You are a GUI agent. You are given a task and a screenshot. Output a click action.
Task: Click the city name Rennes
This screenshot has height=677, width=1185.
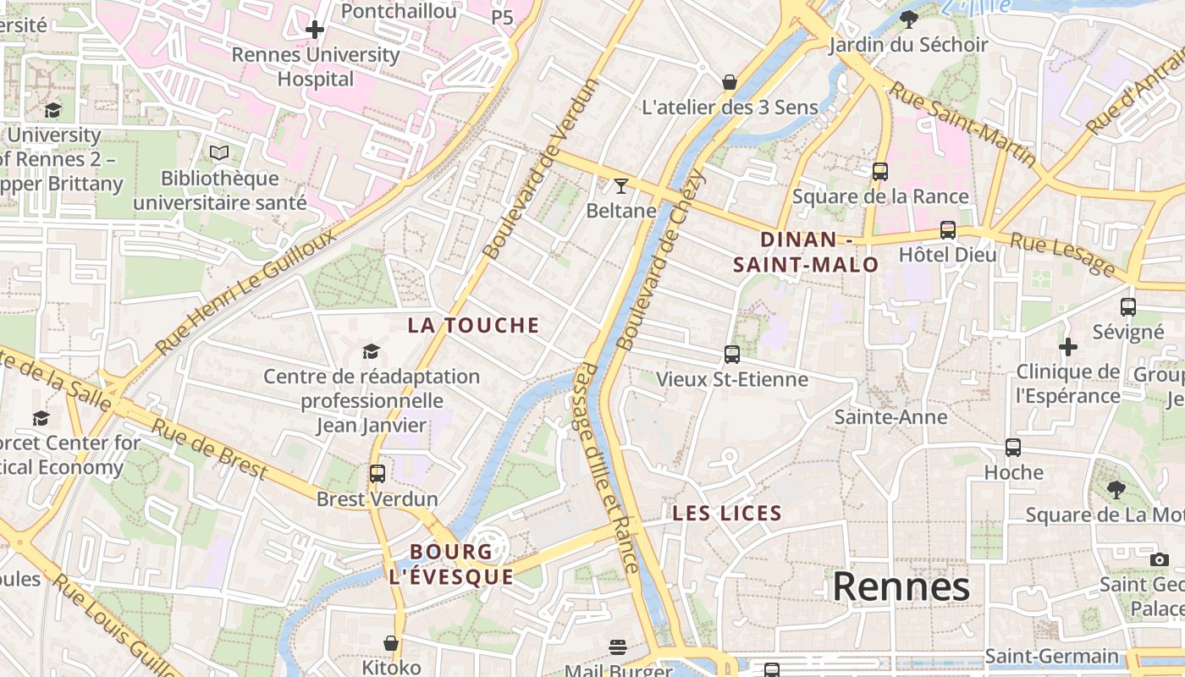901,586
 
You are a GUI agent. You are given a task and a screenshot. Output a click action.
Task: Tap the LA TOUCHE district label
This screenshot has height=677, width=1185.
473,325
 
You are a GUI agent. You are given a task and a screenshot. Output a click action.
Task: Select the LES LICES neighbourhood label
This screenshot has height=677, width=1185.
727,513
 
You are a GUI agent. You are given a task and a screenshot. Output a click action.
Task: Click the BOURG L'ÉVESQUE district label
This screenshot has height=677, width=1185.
451,564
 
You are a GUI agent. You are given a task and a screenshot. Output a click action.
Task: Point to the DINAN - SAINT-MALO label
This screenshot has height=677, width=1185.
806,252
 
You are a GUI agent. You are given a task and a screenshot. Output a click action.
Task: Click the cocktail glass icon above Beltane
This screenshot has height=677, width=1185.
621,185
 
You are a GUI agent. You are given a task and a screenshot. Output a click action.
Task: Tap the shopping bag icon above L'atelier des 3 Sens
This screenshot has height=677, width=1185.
730,82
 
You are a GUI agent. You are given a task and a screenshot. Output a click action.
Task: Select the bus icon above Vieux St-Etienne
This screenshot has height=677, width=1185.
732,354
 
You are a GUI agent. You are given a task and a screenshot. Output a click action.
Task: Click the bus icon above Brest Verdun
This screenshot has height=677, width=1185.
378,474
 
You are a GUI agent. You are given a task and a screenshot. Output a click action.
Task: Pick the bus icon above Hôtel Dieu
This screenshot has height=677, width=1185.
947,229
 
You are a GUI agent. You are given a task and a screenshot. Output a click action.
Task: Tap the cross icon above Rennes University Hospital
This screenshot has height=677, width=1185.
315,30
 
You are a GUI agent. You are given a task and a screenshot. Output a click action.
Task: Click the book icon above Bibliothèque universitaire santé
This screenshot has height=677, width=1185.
219,153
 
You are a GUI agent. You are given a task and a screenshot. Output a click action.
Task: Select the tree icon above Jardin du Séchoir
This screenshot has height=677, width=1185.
909,19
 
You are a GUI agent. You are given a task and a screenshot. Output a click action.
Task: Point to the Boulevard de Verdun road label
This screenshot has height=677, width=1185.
540,168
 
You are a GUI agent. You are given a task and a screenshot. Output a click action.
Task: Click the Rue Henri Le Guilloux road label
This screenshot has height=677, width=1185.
245,292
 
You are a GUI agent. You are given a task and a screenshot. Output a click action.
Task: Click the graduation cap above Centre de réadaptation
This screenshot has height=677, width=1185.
371,351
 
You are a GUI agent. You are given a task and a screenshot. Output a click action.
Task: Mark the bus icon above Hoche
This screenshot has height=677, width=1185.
1013,447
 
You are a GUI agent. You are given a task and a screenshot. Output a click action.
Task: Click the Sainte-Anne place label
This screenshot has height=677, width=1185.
890,416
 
